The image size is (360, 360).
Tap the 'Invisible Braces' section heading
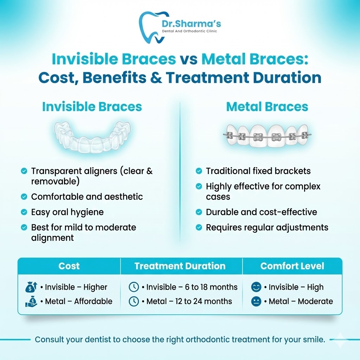[92, 107]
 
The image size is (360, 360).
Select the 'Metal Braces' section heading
[267, 107]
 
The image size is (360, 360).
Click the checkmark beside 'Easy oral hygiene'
[24, 212]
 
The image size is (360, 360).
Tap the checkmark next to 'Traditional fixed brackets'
[199, 171]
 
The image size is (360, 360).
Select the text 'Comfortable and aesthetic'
[87, 197]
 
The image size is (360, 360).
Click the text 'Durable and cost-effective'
[261, 212]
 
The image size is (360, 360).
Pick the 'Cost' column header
[69, 266]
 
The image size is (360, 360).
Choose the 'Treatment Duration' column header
[180, 266]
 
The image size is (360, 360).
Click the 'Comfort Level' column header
[292, 266]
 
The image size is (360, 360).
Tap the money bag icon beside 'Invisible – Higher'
[31, 287]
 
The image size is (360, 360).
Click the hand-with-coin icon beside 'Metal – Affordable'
[31, 301]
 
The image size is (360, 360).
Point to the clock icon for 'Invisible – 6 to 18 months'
[134, 287]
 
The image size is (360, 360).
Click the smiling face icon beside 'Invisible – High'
[256, 287]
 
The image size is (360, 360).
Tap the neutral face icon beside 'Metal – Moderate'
[256, 301]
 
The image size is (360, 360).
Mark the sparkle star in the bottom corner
[340, 340]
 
